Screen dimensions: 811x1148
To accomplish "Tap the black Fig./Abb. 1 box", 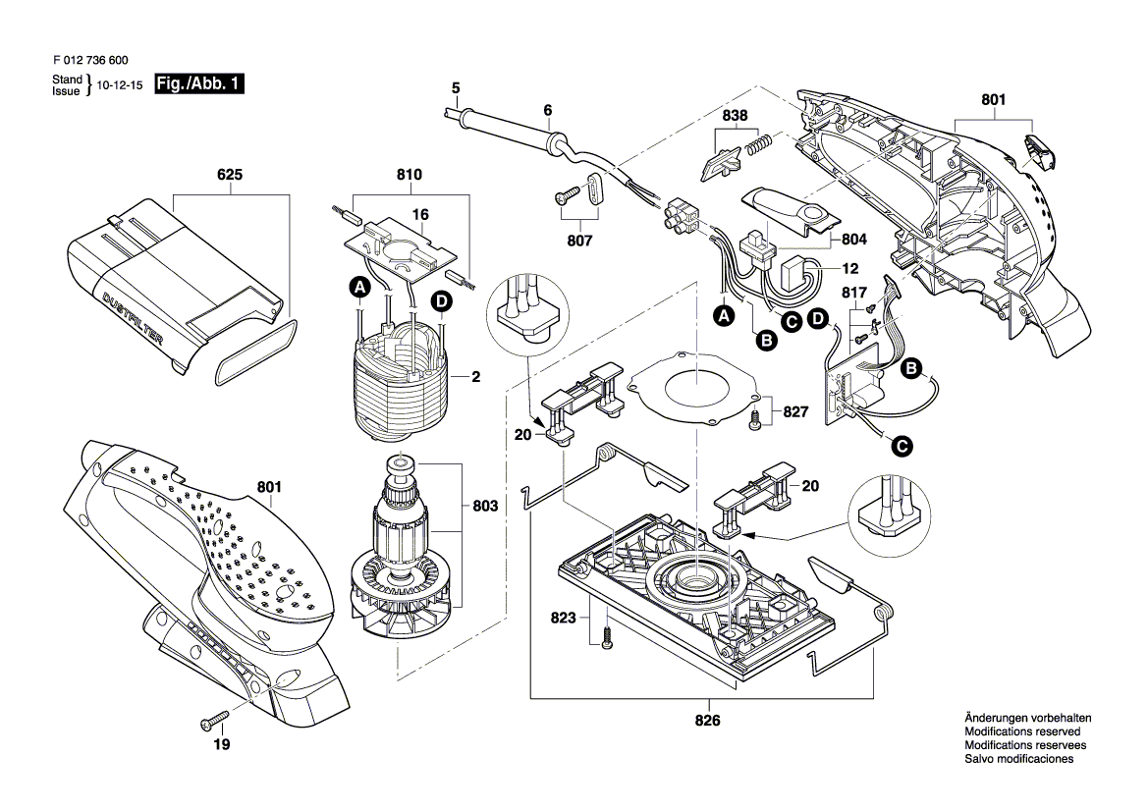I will coord(199,85).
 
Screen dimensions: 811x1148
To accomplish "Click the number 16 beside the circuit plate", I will coord(419,213).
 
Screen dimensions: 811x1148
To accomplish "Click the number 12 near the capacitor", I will coord(850,267).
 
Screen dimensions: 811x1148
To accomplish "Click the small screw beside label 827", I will coord(754,420).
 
